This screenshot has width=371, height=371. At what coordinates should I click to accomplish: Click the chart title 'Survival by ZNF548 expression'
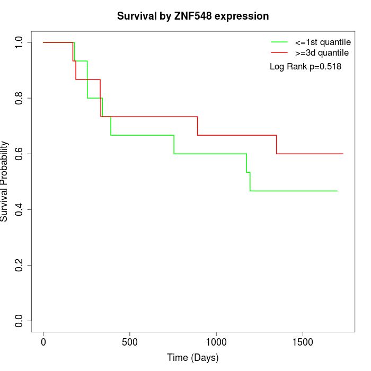coord(193,16)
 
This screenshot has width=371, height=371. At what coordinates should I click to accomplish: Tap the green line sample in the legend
coord(279,42)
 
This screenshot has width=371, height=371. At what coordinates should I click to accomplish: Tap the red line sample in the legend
coord(279,53)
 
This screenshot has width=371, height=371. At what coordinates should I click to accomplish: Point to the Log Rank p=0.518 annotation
coord(305,67)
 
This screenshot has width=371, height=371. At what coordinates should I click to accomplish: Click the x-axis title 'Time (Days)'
coord(193,358)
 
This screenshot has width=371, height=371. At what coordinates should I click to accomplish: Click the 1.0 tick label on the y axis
coord(19,42)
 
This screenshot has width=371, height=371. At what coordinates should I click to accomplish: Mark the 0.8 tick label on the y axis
coord(19,98)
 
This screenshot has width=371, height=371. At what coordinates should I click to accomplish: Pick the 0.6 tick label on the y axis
coord(19,154)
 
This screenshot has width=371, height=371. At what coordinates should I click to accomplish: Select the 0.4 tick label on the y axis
coord(19,209)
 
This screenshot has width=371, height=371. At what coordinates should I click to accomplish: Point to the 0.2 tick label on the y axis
coord(19,265)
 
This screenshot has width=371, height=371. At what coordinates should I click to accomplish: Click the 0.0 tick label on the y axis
coord(19,321)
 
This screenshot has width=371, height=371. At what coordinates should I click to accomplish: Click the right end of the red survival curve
coord(343,154)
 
